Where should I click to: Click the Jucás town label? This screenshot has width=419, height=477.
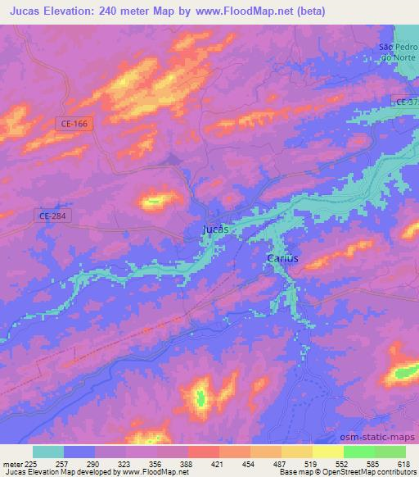tap(214, 230)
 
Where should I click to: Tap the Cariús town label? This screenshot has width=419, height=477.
tap(283, 258)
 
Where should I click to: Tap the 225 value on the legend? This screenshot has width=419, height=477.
tap(33, 464)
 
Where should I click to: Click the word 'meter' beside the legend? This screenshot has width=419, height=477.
tap(12, 464)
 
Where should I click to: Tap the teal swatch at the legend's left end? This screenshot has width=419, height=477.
tap(48, 452)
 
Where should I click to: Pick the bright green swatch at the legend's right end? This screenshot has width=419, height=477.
tap(390, 452)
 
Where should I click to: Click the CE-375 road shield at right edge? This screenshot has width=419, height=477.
tap(406, 101)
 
